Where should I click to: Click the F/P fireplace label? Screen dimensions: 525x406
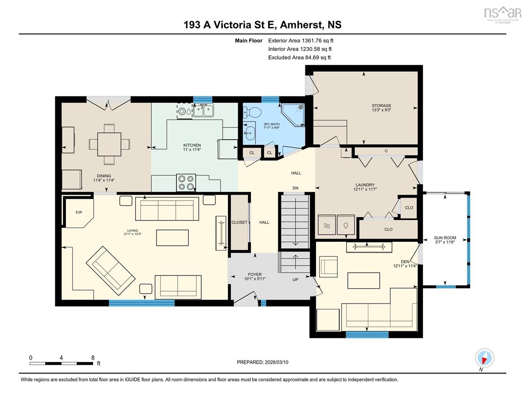pyautogui.click(x=79, y=212)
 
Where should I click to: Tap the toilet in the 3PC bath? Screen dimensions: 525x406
pyautogui.click(x=252, y=112)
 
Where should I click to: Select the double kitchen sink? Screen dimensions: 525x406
pyautogui.click(x=203, y=111)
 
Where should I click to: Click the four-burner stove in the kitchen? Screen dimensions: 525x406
pyautogui.click(x=186, y=183)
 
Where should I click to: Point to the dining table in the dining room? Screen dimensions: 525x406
pyautogui.click(x=109, y=145)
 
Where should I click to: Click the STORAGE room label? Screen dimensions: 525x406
pyautogui.click(x=381, y=106)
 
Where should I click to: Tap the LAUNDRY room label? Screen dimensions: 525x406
pyautogui.click(x=365, y=185)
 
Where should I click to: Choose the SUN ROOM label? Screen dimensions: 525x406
pyautogui.click(x=445, y=238)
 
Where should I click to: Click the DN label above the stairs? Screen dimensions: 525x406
pyautogui.click(x=295, y=188)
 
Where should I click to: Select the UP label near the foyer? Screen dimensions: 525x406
pyautogui.click(x=295, y=279)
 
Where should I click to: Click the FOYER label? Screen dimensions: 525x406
pyautogui.click(x=255, y=275)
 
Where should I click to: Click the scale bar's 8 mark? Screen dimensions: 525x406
pyautogui.click(x=93, y=358)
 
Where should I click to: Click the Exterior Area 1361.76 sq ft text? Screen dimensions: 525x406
pyautogui.click(x=301, y=41)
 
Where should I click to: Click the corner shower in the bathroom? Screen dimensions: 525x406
pyautogui.click(x=293, y=115)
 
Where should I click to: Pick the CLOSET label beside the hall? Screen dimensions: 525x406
pyautogui.click(x=239, y=222)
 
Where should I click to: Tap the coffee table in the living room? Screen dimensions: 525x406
pyautogui.click(x=172, y=238)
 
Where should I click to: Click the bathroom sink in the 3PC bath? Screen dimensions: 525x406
pyautogui.click(x=249, y=133)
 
